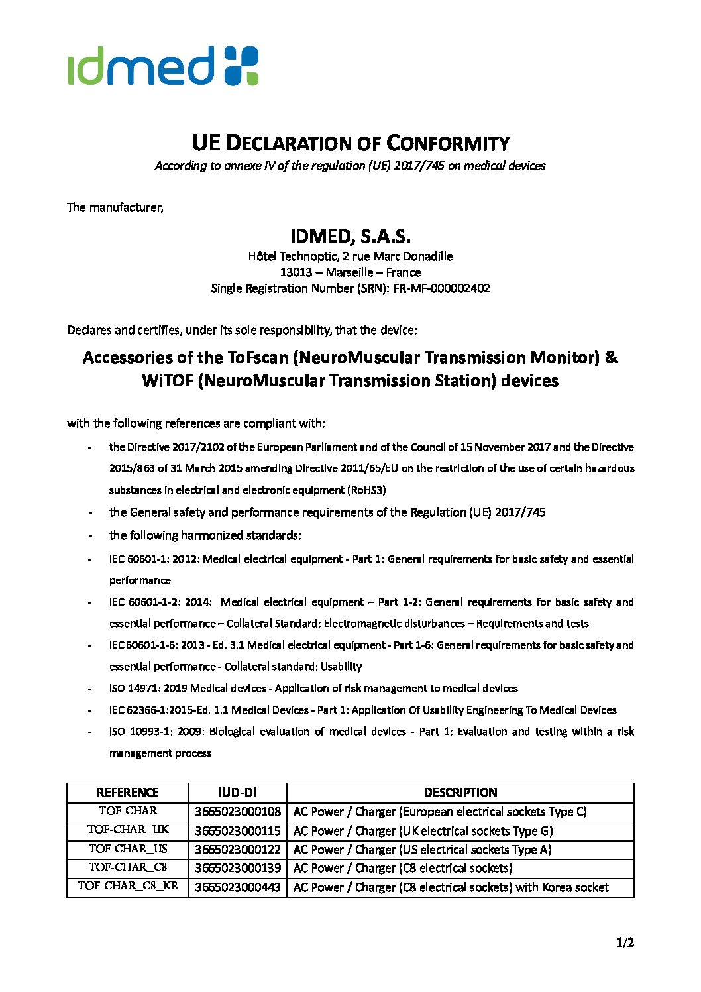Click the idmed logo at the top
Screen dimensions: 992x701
coord(162,66)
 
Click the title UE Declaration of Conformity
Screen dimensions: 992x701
coord(350,143)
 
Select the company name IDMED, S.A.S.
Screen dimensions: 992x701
coord(350,236)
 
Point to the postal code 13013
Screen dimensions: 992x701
coord(296,272)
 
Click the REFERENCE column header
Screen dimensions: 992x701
coord(127,793)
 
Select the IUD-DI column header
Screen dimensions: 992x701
coord(237,793)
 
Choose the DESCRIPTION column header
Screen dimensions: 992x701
coord(460,793)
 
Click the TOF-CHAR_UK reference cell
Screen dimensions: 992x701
coord(127,830)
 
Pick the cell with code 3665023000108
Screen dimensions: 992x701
coord(237,812)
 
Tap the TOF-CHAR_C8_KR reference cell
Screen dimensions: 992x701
coord(127,886)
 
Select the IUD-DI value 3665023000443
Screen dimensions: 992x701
coord(237,887)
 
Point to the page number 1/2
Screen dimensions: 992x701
coord(625,942)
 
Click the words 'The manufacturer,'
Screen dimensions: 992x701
coord(115,207)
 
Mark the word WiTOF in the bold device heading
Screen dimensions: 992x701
coord(167,381)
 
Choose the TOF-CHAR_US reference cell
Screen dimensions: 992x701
coord(127,849)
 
